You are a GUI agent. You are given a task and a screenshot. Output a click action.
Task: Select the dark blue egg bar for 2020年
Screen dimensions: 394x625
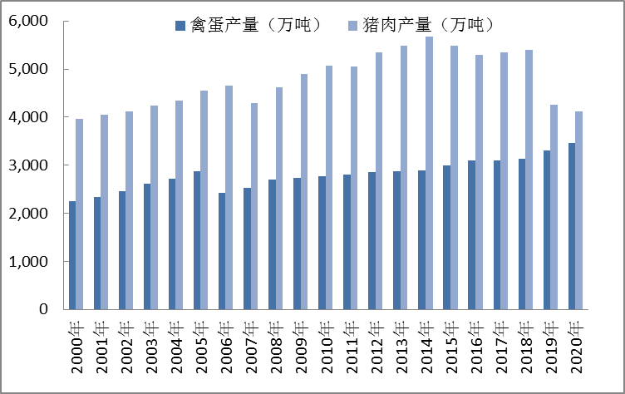point(571,226)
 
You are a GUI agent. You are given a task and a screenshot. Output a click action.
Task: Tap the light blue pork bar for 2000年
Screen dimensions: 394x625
point(80,214)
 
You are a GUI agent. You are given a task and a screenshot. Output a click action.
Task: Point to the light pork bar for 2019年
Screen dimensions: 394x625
point(554,207)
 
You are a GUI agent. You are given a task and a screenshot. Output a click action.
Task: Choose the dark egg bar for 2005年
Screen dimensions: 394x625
point(197,240)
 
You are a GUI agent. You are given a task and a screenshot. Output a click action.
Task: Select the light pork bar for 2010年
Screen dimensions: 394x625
point(329,188)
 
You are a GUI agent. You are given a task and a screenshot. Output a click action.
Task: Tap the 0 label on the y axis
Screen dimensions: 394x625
point(47,309)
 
